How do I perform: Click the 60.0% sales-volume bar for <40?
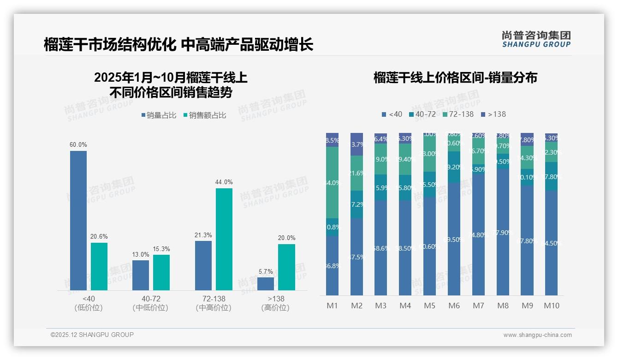[78, 220]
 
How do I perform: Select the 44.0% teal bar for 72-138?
[224, 239]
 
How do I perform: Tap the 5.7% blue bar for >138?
[266, 283]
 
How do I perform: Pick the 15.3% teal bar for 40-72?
[161, 272]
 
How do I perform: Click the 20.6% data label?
[99, 237]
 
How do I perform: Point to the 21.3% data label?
[203, 235]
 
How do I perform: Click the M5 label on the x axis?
[429, 306]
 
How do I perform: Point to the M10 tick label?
[551, 306]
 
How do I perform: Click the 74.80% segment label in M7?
[478, 235]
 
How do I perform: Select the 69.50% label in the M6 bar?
[454, 240]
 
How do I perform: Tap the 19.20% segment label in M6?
[454, 167]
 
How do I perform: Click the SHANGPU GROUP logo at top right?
[536, 39]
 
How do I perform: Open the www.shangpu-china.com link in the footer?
[537, 335]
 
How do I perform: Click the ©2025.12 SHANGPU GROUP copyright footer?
[92, 335]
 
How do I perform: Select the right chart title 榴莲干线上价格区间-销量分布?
[455, 78]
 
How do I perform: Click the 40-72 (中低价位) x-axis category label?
[150, 303]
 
